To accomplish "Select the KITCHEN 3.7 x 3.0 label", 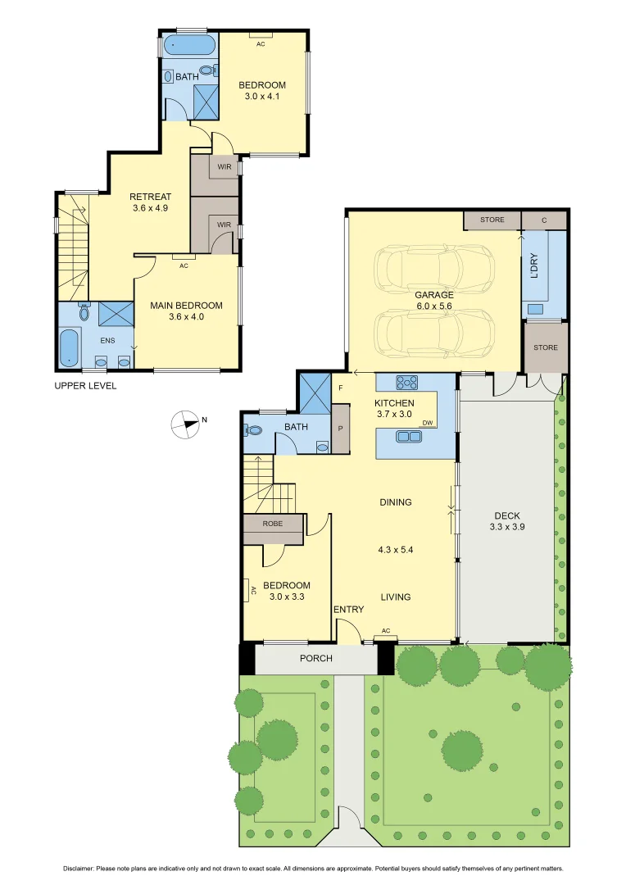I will point(394,408).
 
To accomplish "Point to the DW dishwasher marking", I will point(427,423).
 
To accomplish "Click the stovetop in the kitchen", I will point(407,381).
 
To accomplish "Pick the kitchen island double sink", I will point(407,436).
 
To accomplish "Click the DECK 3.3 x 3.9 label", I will point(507,521).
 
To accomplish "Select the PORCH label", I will point(315,658).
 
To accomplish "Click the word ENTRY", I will point(348,609).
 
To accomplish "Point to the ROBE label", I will point(273,523).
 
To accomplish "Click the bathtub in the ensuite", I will point(70,347).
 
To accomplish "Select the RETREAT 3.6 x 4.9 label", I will point(150,202).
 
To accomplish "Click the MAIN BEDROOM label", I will point(186,311).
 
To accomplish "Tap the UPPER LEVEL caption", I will point(85,385).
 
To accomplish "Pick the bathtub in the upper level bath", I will point(189,44).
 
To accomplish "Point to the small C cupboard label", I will point(545,220).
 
